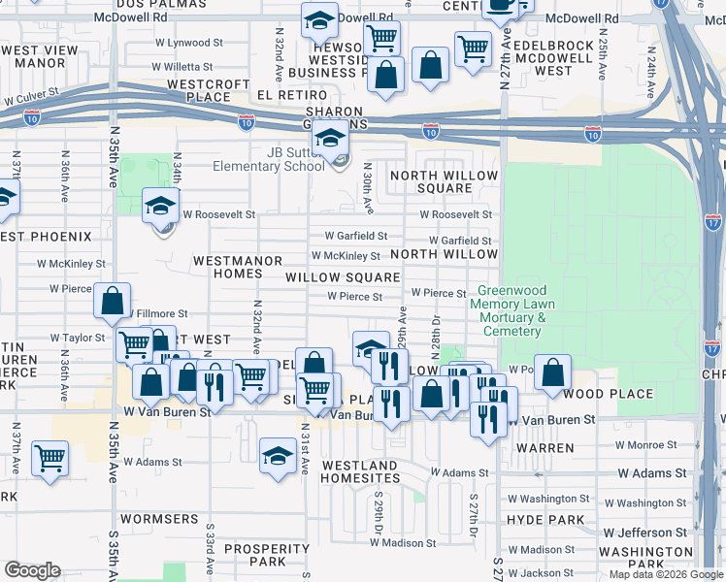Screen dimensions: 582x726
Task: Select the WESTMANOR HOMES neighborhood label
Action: point(237,268)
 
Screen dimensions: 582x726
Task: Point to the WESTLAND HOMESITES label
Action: point(359,472)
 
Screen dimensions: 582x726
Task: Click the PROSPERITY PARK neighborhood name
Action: point(267,555)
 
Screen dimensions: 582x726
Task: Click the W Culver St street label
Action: point(31,99)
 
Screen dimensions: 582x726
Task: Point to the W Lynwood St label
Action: point(194,43)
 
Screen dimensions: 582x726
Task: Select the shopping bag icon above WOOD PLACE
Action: point(552,372)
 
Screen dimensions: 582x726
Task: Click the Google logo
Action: point(32,570)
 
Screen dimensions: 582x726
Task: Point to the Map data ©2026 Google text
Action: point(665,574)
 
